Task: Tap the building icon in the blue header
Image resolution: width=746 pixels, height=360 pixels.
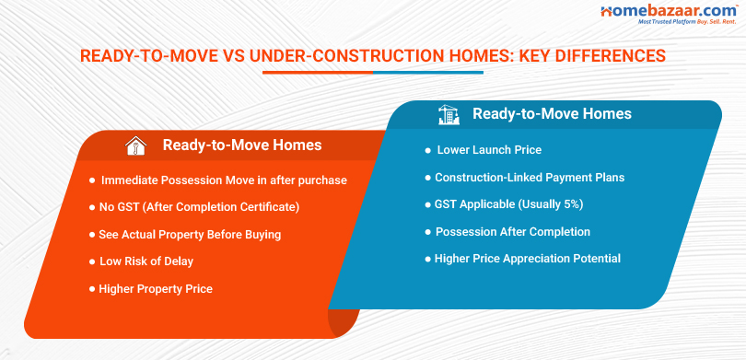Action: [447, 114]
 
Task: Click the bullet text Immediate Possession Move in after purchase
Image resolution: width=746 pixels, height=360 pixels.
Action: [224, 180]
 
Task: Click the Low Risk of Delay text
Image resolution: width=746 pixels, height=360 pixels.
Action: [146, 261]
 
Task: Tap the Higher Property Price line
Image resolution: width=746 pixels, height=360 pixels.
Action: [157, 289]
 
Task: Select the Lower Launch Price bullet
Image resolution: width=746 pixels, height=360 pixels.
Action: [489, 150]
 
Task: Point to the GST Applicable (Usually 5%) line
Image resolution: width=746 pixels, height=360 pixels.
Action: [509, 204]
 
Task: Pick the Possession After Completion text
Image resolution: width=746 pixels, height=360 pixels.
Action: [513, 231]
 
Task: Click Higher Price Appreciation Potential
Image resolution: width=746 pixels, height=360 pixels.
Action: [528, 259]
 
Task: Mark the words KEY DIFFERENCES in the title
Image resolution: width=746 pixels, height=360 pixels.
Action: [583, 55]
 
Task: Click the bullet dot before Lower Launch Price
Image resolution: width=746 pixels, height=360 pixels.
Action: [427, 150]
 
